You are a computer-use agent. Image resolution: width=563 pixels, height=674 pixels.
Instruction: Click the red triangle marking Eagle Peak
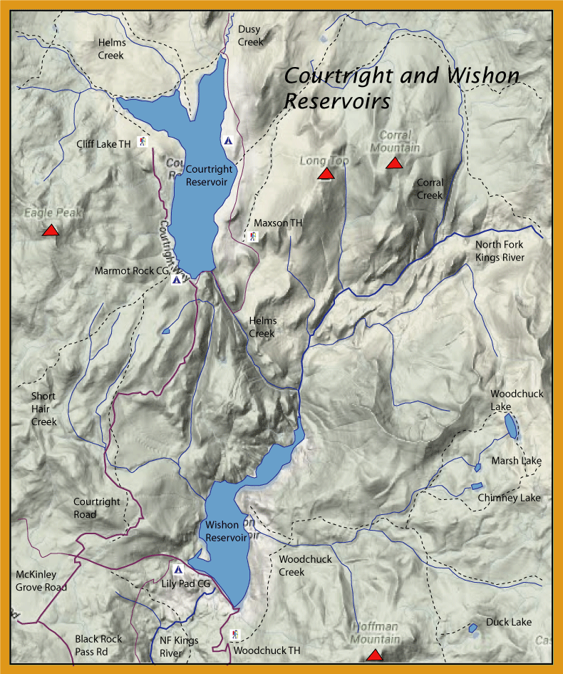50,230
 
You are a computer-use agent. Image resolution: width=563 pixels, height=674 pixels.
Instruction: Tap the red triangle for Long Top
326,173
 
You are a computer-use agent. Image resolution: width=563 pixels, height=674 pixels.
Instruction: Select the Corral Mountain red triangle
394,164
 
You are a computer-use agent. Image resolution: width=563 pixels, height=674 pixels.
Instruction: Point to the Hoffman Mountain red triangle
374,655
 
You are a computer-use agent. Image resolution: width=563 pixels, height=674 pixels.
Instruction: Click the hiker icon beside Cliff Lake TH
143,142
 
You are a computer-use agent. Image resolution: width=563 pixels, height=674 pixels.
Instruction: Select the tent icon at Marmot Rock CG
176,280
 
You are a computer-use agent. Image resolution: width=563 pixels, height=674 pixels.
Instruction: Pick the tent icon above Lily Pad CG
178,570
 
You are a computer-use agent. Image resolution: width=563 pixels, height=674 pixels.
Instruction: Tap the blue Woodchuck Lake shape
512,425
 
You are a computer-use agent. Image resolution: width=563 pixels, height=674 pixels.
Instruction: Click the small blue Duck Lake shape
472,628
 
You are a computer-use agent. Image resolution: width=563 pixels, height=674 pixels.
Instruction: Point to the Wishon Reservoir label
227,531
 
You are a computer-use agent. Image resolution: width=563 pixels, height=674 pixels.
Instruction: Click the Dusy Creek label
250,36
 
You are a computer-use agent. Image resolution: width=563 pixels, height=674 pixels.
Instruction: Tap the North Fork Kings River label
500,251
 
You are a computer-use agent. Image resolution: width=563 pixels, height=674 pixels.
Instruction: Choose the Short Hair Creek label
43,409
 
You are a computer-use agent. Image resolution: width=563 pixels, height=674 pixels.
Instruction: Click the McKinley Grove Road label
41,581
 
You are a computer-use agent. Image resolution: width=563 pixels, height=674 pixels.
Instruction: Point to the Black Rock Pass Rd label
98,645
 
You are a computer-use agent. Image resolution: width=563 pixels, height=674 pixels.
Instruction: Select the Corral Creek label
430,189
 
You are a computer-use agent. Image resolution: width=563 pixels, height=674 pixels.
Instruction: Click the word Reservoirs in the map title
337,101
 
